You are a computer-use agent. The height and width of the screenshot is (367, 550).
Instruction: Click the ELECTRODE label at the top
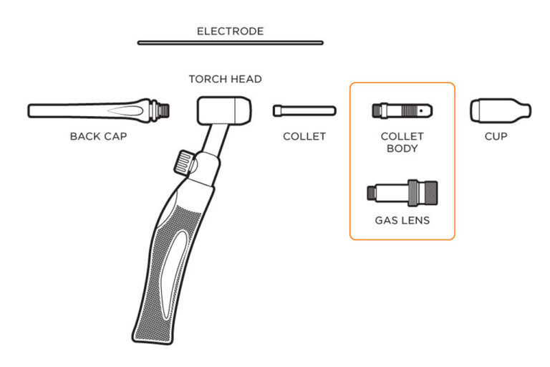(230, 32)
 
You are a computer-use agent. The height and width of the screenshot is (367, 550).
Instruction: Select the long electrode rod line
(230, 43)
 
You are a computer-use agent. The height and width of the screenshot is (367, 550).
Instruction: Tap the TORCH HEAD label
(225, 79)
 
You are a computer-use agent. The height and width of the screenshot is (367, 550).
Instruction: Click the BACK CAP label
(98, 136)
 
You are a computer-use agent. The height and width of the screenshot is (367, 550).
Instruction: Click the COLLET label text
(304, 136)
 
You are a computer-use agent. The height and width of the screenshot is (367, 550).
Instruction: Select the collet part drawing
(304, 110)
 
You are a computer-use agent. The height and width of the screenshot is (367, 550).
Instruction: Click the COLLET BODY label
(402, 143)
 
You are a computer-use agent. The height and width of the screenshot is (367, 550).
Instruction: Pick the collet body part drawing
(402, 111)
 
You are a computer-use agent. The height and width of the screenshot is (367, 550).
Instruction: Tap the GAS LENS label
(402, 221)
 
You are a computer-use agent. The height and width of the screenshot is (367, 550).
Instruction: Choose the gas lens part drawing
(402, 192)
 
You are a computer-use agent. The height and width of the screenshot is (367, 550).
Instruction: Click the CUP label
(496, 136)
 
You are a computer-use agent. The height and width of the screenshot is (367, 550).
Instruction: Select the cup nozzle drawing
(500, 110)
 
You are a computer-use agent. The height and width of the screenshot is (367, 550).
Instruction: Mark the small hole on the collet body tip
(426, 111)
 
